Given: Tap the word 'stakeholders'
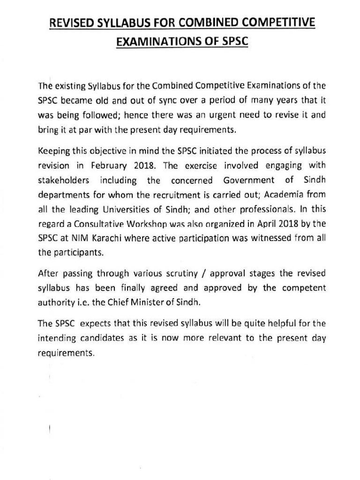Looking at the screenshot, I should click(62, 180).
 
